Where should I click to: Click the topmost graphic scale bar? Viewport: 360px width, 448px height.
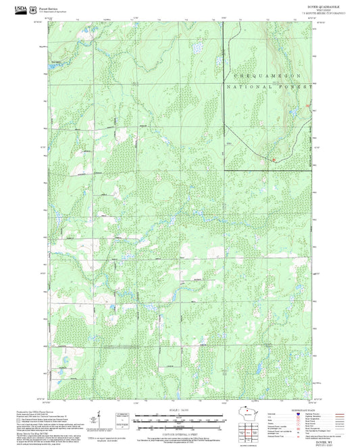[x=180, y=413]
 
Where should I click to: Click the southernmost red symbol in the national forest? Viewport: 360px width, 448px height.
[x=274, y=160]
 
